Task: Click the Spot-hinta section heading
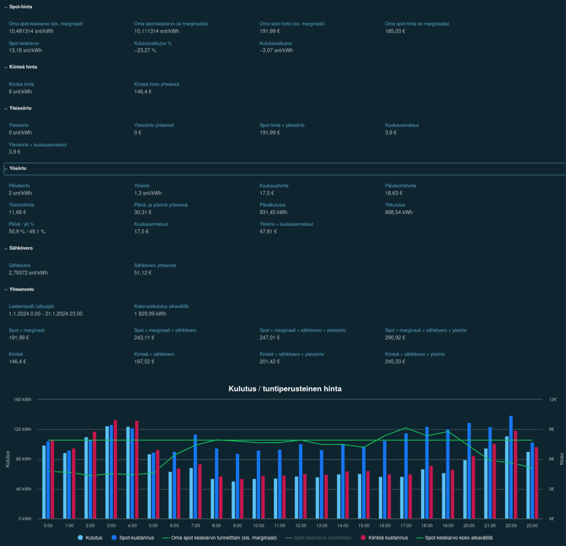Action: point(20,7)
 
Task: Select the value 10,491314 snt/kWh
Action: point(31,31)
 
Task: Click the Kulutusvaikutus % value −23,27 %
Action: point(145,51)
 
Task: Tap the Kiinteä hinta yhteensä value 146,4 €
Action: point(143,92)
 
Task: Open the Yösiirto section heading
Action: point(18,168)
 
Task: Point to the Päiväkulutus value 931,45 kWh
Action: point(273,212)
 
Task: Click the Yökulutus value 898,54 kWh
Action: point(399,212)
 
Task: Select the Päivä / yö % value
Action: point(27,232)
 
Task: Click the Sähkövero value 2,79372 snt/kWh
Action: point(28,273)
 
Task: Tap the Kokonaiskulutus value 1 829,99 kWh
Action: point(150,314)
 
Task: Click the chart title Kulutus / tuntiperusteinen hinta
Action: point(285,389)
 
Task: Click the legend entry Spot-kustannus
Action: point(136,538)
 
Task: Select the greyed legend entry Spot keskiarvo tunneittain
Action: point(322,538)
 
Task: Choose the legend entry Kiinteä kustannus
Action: point(388,538)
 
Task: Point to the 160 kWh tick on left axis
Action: point(23,399)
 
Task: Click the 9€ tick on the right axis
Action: point(551,429)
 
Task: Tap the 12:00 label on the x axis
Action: point(301,526)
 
